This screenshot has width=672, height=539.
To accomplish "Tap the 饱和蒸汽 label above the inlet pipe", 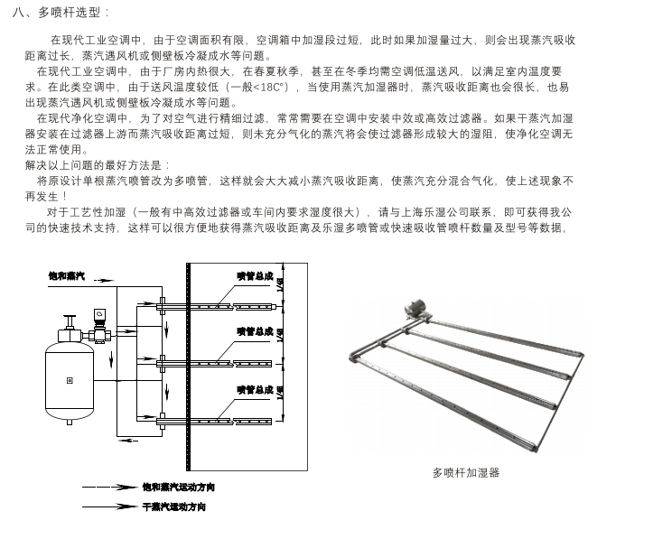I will click(x=66, y=274).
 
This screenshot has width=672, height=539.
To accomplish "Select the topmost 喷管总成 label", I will click(x=255, y=275).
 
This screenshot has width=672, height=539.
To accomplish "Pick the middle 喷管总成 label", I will click(x=255, y=331).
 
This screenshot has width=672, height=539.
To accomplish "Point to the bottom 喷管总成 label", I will click(x=255, y=389).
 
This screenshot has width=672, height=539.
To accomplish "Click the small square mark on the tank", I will click(x=70, y=380).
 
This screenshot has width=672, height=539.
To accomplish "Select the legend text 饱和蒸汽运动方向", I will click(x=178, y=488).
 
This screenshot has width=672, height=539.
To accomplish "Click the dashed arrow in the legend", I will click(x=109, y=488).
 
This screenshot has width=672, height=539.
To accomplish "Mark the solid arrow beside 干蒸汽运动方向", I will click(x=109, y=506).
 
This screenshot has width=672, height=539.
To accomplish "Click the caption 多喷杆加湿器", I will click(x=465, y=472).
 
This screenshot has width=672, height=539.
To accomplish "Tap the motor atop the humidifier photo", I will click(x=416, y=308).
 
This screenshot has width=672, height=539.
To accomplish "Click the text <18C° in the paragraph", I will click(x=266, y=87).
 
